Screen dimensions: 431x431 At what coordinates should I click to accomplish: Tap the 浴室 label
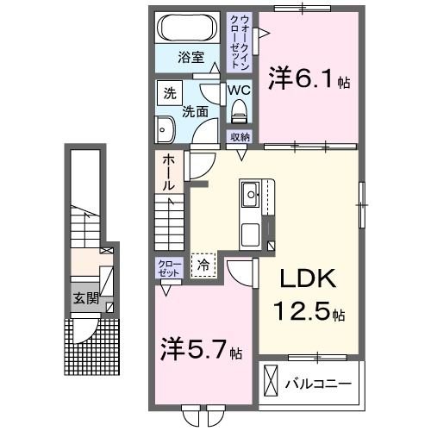191,58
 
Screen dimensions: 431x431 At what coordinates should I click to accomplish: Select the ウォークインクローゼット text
237,41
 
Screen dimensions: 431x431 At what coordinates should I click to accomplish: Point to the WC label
239,89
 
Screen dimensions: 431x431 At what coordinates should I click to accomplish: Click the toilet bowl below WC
239,110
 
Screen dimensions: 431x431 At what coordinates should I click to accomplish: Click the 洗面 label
194,110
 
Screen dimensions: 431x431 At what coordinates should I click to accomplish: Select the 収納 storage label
240,138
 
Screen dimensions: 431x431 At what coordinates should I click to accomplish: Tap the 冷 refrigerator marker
204,265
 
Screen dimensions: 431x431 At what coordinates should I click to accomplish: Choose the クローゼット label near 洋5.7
168,267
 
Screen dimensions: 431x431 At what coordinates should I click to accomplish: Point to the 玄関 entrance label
84,298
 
